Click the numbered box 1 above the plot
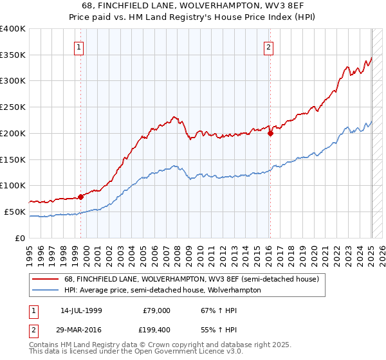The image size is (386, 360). [x=78, y=46]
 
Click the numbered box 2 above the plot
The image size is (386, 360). [x=268, y=46]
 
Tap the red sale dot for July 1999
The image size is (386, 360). [x=81, y=197]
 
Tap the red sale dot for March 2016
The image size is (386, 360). [x=270, y=134]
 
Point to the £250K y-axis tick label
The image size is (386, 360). [x=13, y=107]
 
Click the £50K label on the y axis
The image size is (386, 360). [x=15, y=212]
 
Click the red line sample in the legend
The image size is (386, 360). [x=47, y=279]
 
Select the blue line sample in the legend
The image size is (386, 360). [x=47, y=290]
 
